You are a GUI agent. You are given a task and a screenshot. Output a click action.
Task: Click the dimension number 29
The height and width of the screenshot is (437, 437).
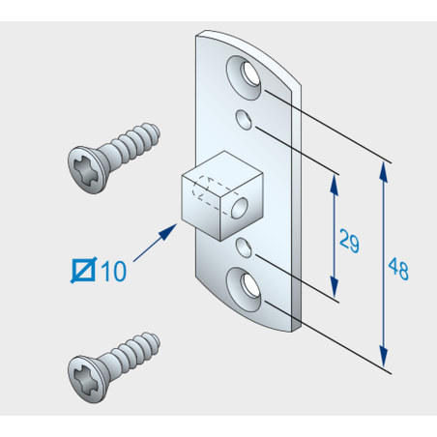[x=349, y=241]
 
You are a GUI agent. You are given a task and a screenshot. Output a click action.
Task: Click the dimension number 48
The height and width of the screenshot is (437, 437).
[x=398, y=269]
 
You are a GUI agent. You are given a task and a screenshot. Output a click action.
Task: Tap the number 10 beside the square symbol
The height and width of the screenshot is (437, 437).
[x=113, y=271]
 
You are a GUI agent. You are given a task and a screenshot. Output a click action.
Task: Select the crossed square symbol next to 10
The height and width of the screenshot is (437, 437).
[x=83, y=270]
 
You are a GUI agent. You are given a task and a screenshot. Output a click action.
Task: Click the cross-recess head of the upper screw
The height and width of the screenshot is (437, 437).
[x=86, y=170]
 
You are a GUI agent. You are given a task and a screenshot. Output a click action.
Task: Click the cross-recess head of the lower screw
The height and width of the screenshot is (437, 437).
[x=86, y=379]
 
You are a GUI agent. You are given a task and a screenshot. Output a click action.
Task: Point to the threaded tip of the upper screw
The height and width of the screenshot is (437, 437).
[x=154, y=132]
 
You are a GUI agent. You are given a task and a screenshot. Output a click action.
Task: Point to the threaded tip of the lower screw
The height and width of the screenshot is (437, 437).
[x=154, y=342]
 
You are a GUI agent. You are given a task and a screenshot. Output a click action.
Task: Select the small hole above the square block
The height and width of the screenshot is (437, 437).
[x=244, y=120]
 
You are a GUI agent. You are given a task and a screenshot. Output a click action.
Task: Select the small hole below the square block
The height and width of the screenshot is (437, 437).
[x=244, y=248]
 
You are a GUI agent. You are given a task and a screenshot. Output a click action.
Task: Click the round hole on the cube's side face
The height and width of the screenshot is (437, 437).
[x=240, y=208]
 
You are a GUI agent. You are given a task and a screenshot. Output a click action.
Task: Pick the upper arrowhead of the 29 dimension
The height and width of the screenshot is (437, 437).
[x=335, y=185]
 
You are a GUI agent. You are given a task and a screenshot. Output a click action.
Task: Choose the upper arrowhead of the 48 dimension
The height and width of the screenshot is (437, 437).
[x=384, y=172]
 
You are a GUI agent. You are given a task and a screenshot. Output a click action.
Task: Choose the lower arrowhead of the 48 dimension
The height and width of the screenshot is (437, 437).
[x=384, y=357]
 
